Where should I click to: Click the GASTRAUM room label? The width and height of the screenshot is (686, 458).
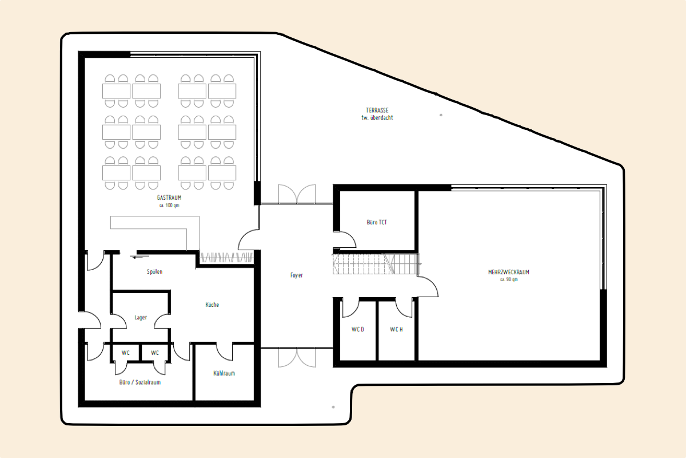[x=169, y=198]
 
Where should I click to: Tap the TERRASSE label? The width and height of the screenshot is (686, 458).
[x=377, y=110]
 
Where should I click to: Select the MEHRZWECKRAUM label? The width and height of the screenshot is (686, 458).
[x=509, y=272]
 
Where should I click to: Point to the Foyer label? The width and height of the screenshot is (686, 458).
[x=297, y=275]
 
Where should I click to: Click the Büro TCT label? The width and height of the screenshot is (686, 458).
[x=377, y=222]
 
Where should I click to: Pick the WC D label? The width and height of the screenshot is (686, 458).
[x=358, y=329]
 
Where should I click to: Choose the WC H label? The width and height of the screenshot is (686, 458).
[x=396, y=329]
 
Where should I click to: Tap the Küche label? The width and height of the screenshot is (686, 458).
[x=212, y=305]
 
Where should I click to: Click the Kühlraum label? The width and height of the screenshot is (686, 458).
[x=224, y=373]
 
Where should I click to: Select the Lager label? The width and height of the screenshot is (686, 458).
[x=141, y=318]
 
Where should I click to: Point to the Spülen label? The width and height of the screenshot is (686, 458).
[x=155, y=272]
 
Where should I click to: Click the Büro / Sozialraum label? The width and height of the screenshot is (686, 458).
[x=140, y=382]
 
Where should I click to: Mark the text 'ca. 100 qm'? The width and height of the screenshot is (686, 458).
[x=169, y=206]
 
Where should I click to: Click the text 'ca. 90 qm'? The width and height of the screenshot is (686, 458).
[x=509, y=279]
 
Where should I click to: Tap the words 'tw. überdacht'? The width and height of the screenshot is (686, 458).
[x=377, y=117]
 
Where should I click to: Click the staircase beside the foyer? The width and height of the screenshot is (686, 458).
[x=376, y=264]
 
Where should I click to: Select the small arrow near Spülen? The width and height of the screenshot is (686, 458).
[x=140, y=257]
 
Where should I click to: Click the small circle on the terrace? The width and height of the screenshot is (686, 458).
[x=441, y=115]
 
